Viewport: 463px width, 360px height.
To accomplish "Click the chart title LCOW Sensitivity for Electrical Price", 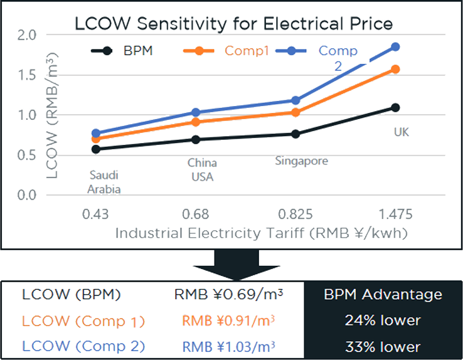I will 233,24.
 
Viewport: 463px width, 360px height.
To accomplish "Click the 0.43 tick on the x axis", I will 95,214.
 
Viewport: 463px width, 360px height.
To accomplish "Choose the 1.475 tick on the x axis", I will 395,214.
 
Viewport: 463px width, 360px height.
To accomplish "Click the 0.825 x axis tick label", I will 295,214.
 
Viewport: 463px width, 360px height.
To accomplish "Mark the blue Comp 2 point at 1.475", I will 395,47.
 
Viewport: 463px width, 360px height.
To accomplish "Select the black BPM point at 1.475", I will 395,107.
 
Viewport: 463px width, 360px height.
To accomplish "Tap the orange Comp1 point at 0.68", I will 196,122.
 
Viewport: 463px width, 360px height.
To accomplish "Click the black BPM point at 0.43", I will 95,149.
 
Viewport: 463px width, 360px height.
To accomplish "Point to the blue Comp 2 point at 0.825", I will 295,100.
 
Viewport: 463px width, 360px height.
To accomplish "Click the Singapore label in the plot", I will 301,161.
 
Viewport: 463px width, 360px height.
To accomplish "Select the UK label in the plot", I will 402,132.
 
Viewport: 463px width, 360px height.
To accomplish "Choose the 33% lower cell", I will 383,346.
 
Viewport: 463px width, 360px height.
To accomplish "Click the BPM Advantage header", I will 383,295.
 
